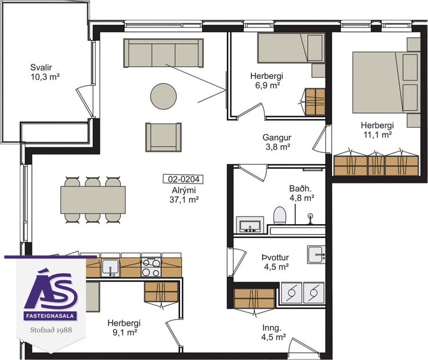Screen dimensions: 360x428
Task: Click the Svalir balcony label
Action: pyautogui.click(x=46, y=71)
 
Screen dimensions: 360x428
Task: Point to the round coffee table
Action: pyautogui.click(x=163, y=96)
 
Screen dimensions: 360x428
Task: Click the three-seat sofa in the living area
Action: pyautogui.click(x=163, y=53)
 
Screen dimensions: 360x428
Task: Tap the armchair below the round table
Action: pyautogui.click(x=163, y=137)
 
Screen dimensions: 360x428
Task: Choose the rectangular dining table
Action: pyautogui.click(x=93, y=200)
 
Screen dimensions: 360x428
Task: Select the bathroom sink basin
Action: pyautogui.click(x=250, y=225)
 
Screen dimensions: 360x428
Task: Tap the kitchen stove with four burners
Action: pyautogui.click(x=151, y=267)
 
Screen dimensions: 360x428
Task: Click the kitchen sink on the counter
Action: pyautogui.click(x=110, y=267)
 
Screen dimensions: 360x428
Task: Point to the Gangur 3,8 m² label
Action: pyautogui.click(x=276, y=142)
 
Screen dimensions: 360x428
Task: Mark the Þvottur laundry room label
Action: pyautogui.click(x=275, y=262)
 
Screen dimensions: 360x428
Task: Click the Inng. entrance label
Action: pyautogui.click(x=272, y=331)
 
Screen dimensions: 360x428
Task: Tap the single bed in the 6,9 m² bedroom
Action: pyautogui.click(x=290, y=48)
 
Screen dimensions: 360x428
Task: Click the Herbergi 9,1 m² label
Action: pyautogui.click(x=124, y=328)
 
